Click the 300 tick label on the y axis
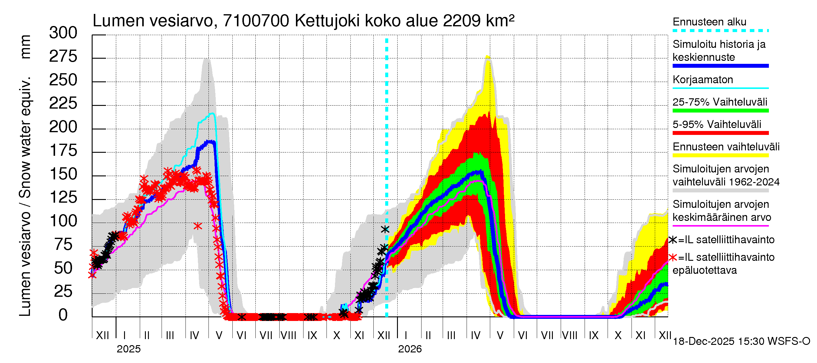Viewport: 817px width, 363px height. coord(63,33)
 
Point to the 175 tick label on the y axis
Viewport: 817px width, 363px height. coord(63,151)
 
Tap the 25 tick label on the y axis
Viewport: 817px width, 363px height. coord(63,291)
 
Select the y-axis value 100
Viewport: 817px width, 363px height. coord(63,221)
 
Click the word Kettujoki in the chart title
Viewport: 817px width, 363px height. coord(327,21)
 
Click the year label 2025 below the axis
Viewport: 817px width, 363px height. coord(128,349)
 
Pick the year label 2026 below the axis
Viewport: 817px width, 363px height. coord(410,349)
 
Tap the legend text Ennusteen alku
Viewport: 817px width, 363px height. coord(710,22)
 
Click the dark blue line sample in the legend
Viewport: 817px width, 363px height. coord(720,66)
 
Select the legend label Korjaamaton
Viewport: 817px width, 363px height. coord(703,80)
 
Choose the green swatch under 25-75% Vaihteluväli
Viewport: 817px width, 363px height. coord(720,111)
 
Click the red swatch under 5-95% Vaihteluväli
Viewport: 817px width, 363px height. coord(720,133)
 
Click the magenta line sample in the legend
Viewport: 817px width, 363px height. coord(720,226)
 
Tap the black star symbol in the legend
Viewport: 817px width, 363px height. coord(673,240)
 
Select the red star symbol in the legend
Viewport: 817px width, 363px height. coord(673,257)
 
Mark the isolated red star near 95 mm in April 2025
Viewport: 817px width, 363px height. coord(198,226)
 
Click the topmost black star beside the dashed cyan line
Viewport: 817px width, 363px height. coord(385,229)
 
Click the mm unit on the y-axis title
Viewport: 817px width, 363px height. coord(25,47)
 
